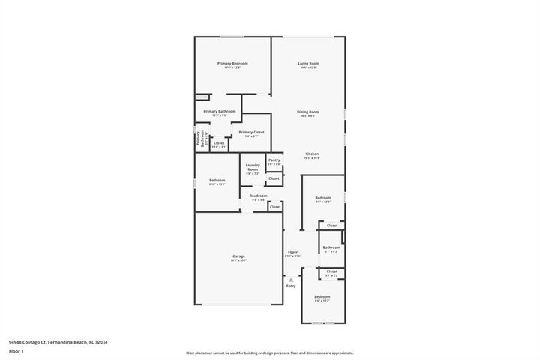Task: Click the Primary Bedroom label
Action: click(232, 64)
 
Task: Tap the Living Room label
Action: click(308, 64)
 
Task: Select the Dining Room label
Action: click(308, 112)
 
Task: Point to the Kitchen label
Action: click(312, 154)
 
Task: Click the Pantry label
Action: click(274, 160)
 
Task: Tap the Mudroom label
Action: click(259, 196)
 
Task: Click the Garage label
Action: click(238, 256)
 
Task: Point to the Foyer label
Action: click(292, 252)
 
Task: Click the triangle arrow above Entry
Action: click(291, 279)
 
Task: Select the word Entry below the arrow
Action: click(291, 286)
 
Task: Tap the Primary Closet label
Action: click(252, 132)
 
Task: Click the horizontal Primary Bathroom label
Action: click(219, 111)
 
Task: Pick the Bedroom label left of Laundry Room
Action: click(217, 180)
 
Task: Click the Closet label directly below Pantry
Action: click(274, 178)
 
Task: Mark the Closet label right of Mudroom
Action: click(275, 207)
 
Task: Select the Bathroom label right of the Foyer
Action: click(331, 247)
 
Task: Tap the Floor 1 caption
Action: click(16, 351)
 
